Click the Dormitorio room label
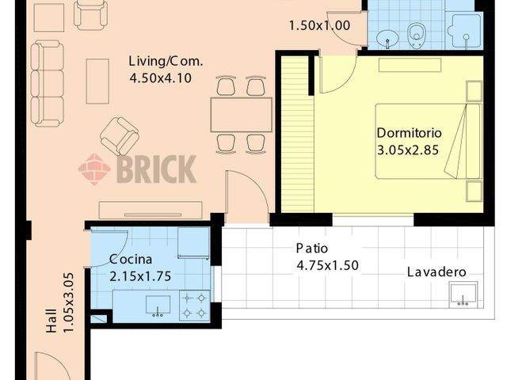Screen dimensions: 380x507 tap(409, 132)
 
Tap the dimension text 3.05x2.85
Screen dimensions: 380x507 tap(408, 148)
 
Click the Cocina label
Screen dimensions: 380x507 tap(132, 259)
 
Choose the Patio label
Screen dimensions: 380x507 tap(311, 248)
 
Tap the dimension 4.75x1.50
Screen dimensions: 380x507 tap(327, 265)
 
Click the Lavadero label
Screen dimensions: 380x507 tap(436, 272)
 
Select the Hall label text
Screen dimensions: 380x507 tap(51, 322)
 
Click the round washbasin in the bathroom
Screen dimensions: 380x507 tap(388, 36)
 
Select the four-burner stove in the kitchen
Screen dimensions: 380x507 tap(193, 305)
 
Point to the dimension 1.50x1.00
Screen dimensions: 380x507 tap(318, 25)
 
